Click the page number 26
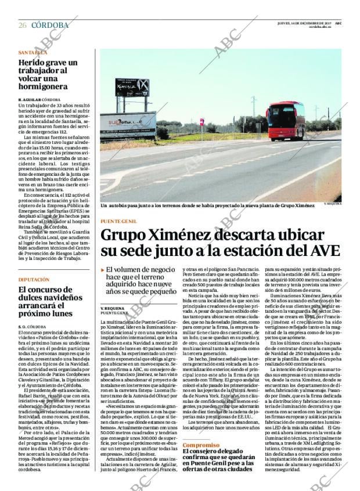point(22,25)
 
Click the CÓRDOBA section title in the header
point(49,25)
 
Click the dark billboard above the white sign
point(132,88)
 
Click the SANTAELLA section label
point(33,52)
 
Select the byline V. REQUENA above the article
point(112,308)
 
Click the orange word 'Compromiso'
point(201,445)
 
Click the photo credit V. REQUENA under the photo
point(333,204)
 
